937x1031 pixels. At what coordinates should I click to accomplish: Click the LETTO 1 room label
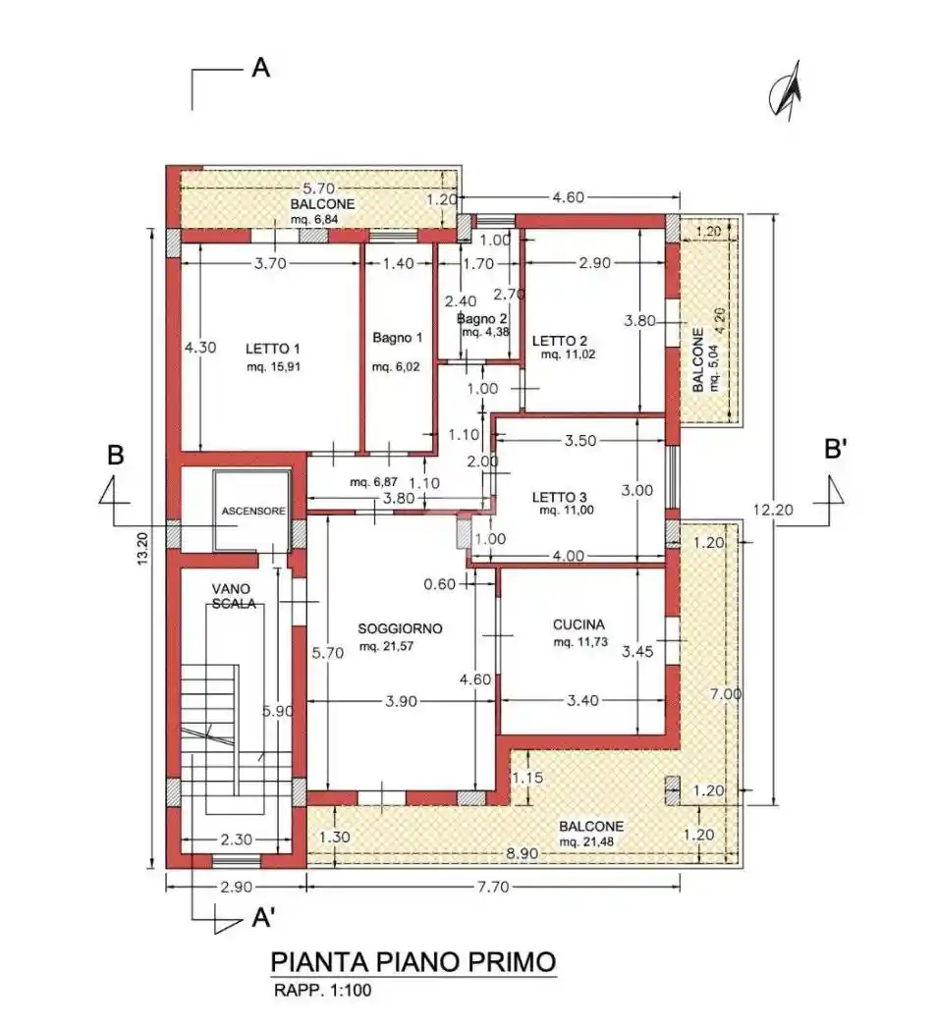(272, 349)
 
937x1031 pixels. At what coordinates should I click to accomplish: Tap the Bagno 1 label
(397, 338)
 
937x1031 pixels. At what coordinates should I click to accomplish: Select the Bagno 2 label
(481, 319)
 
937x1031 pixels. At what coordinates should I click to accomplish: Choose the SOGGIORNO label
(400, 627)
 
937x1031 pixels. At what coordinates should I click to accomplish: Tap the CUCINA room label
(579, 624)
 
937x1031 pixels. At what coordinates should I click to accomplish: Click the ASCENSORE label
(252, 512)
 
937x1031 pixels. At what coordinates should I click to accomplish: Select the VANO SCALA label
(234, 596)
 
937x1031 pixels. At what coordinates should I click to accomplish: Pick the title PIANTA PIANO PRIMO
(413, 960)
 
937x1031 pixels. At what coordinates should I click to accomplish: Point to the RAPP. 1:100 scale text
(321, 991)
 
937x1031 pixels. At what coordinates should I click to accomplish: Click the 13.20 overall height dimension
(142, 554)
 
